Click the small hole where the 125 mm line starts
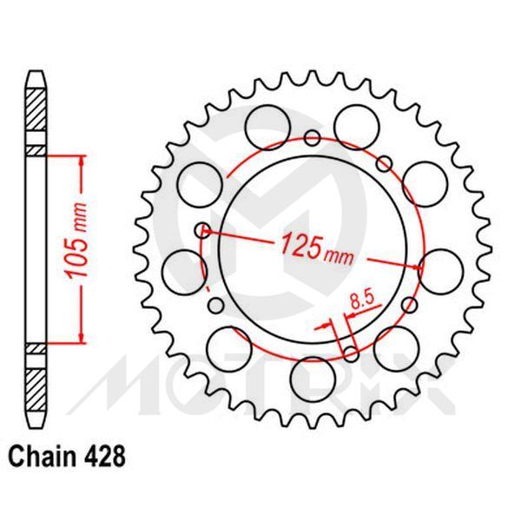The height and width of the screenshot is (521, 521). pyautogui.click(x=201, y=230)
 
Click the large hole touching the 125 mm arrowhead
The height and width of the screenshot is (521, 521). pyautogui.click(x=436, y=265)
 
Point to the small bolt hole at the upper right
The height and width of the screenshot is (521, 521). pyautogui.click(x=383, y=161)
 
